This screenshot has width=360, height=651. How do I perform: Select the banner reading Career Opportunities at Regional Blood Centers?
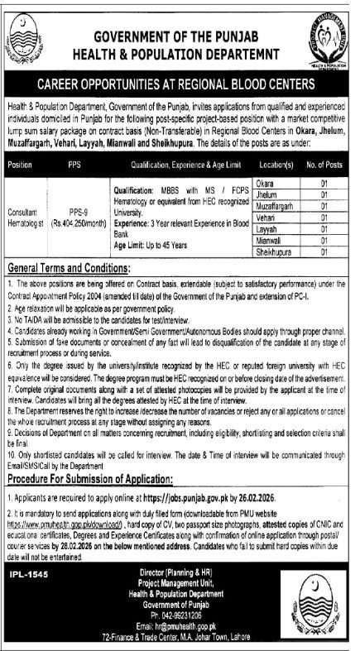click(x=180, y=84)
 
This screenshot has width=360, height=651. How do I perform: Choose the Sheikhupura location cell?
click(x=276, y=249)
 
